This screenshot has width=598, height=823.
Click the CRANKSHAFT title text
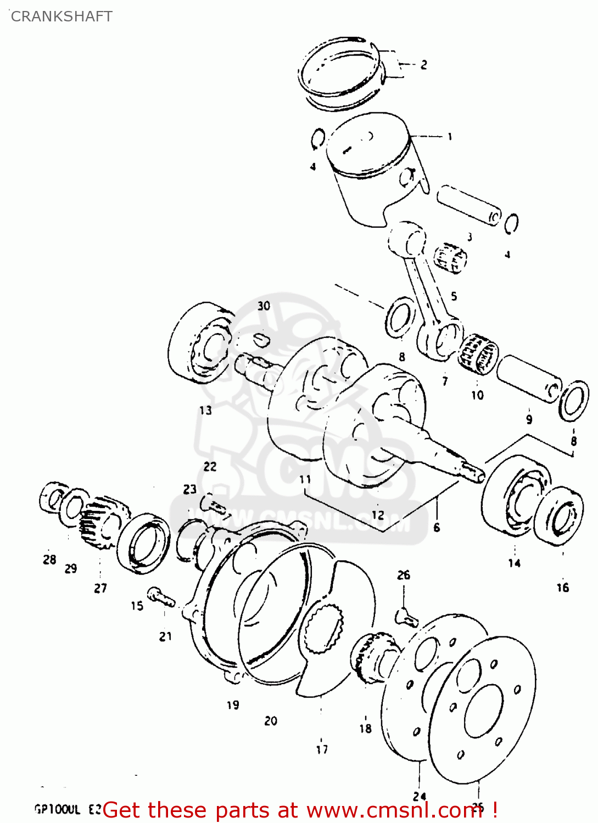pos(62,16)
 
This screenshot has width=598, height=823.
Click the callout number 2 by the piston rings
pos(423,65)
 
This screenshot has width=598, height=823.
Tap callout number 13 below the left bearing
pos(205,410)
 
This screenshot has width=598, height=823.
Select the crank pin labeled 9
pos(530,379)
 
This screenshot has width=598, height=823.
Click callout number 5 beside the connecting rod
pos(454,296)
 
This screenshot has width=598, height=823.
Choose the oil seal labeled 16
pos(559,516)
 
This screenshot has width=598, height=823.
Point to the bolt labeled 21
pos(161,597)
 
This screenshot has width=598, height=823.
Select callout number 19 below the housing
pos(233,705)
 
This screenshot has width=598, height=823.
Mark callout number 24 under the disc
pos(420,796)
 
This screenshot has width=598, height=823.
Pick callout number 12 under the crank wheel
pos(378,515)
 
